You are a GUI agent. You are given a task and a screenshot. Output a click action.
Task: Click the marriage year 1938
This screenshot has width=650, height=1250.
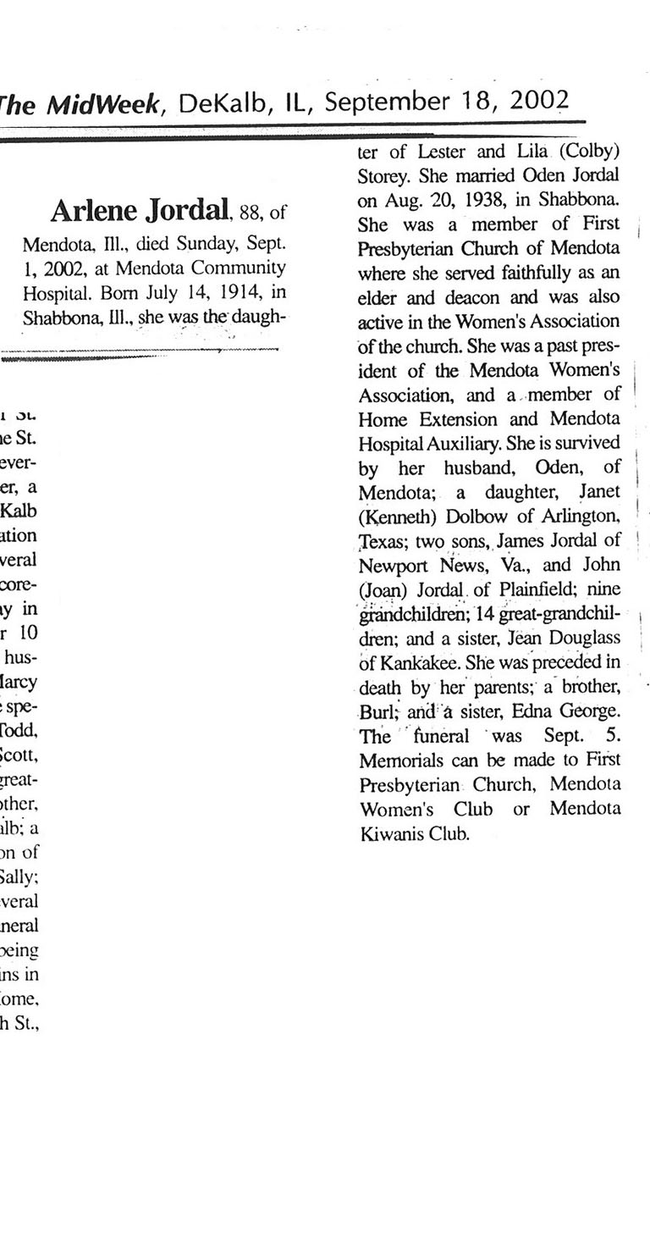[472, 202]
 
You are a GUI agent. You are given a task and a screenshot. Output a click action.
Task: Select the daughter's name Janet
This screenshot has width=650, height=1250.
[598, 491]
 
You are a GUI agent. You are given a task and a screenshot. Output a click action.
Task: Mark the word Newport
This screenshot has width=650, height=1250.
[394, 564]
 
